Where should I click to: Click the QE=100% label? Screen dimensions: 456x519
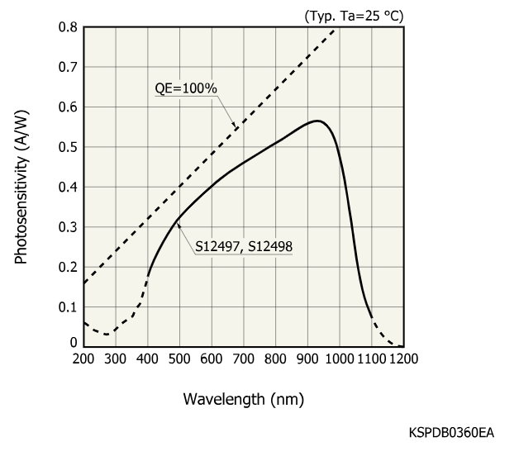pos(185,89)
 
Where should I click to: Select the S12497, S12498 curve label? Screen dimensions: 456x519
pos(245,245)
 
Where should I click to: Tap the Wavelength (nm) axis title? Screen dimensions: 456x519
pos(243,400)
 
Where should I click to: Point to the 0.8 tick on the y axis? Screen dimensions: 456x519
pos(69,27)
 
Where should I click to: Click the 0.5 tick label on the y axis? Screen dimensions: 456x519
pos(69,147)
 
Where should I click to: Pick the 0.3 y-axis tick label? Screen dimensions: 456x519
pos(69,227)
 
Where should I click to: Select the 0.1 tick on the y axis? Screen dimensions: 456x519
pos(69,306)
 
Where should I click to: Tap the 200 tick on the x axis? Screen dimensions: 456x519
pos(83,359)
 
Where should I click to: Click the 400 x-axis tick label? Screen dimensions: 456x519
pos(147,359)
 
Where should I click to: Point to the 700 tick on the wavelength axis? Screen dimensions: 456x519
pos(243,359)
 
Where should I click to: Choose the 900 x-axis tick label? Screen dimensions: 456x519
pos(307,359)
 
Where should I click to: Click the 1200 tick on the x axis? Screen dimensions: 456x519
pos(403,359)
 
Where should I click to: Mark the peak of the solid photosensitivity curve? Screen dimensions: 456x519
pos(317,121)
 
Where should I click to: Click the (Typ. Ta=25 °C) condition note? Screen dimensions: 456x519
pos(354,14)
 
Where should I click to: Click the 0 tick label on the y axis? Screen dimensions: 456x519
pos(74,343)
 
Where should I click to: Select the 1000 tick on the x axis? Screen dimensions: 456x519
pos(339,359)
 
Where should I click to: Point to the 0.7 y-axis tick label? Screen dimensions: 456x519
pos(69,67)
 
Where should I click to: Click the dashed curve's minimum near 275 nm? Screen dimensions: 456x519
pos(107,334)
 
